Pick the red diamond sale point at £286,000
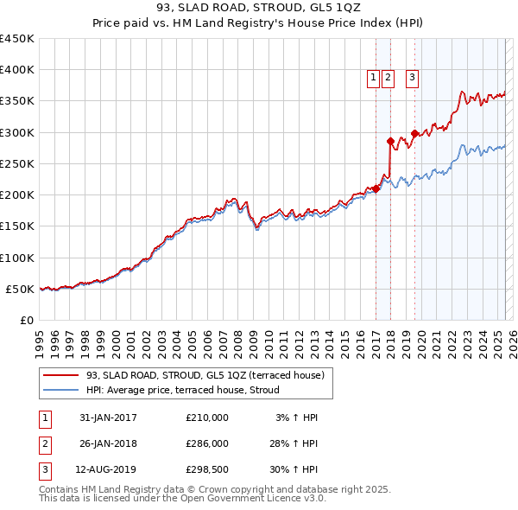click(x=390, y=141)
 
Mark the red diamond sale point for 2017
click(x=376, y=188)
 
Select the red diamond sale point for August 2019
click(x=414, y=133)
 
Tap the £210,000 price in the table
click(x=207, y=418)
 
